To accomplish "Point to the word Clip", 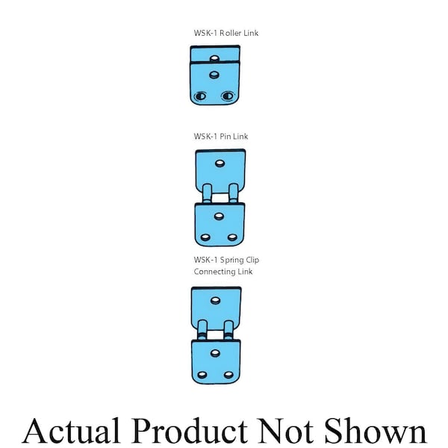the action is point(252,261).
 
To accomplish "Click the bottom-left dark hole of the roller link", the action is point(200,96).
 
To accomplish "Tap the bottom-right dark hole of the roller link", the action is point(228,96).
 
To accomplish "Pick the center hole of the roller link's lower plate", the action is point(214,75).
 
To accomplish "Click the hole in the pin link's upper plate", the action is point(220,164).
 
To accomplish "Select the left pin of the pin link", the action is point(207,193).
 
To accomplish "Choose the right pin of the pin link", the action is point(234,193).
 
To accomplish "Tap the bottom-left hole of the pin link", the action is point(205,237).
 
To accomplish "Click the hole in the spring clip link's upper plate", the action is point(215,301).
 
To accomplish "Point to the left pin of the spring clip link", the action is point(202,330).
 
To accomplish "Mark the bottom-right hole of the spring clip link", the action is point(228,375).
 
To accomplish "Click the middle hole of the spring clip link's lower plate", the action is point(215,353).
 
